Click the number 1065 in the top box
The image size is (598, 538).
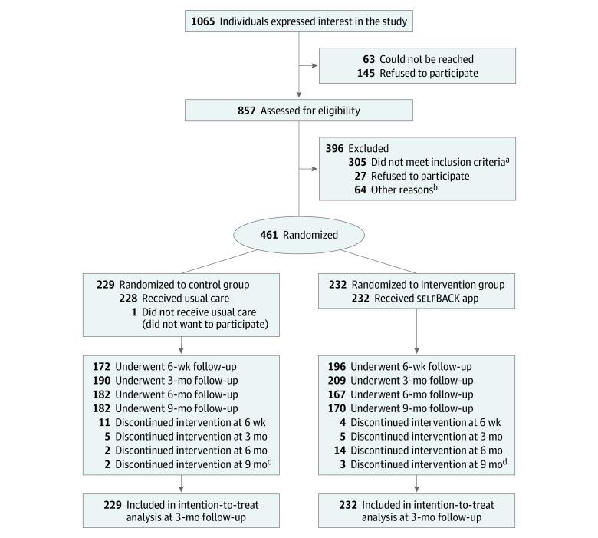203,21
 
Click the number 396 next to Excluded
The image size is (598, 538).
335,147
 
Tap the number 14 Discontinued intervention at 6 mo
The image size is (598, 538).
340,450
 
